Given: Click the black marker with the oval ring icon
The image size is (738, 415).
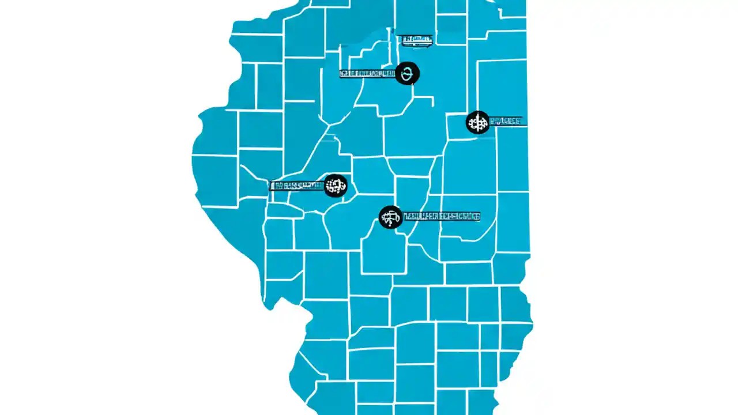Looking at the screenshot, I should pos(408,73).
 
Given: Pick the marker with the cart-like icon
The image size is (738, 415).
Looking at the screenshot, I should pos(390,217).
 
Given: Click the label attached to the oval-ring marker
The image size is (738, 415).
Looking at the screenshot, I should pos(367,74).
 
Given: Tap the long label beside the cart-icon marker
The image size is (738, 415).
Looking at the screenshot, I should pos(442,217).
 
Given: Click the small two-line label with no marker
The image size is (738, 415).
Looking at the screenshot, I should pos(415,39).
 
